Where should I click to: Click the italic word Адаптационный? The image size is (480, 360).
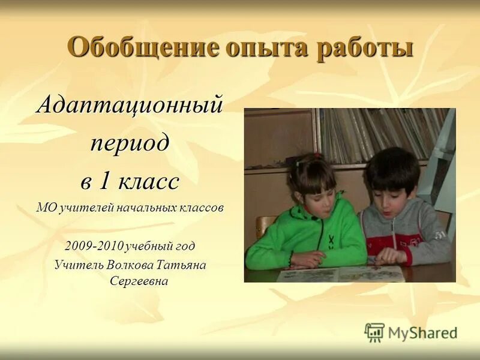click(130, 106)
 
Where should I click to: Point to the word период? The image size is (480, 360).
click(130, 143)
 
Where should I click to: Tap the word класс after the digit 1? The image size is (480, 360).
click(148, 181)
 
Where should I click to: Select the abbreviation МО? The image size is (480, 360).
click(44, 208)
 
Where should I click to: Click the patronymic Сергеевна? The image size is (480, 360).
click(138, 281)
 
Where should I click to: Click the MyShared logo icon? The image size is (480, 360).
click(374, 332)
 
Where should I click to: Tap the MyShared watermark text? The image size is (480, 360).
click(422, 332)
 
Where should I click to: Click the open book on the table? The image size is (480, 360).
click(339, 274)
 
